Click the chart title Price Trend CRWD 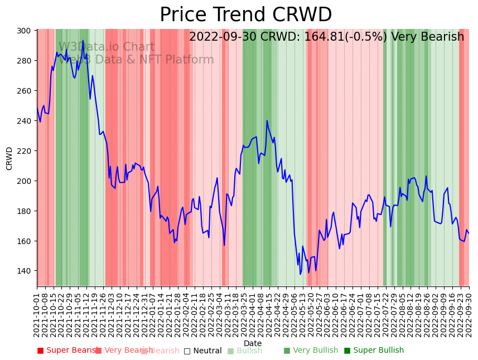(245, 15)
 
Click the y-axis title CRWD (9, 158)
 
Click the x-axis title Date (253, 343)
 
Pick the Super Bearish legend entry (67, 351)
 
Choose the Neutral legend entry (203, 351)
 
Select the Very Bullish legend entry (311, 351)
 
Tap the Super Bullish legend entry (374, 351)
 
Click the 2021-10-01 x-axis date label (37, 314)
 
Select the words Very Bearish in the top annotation (427, 37)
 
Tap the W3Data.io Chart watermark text (107, 47)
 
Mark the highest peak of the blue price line (83, 40)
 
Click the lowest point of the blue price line (300, 274)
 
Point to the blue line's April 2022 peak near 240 (267, 120)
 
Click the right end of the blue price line (469, 233)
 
